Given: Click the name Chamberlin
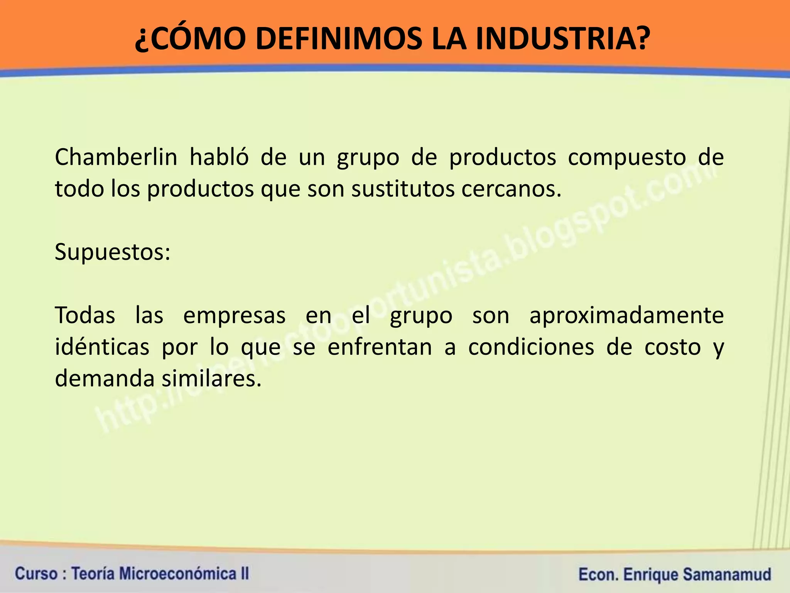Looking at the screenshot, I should click(x=116, y=157).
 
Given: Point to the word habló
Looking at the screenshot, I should click(x=219, y=157).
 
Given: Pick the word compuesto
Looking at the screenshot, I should click(x=627, y=157).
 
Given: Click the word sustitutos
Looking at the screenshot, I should click(x=403, y=189).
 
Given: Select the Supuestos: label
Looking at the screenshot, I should click(x=112, y=252).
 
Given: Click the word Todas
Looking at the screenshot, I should click(x=85, y=315).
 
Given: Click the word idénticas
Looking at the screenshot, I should click(x=102, y=347).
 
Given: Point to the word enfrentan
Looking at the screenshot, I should click(x=380, y=347).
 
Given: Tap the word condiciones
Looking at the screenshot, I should click(x=531, y=347).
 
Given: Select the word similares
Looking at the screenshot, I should click(x=211, y=378).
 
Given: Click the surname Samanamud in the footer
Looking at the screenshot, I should click(x=727, y=574).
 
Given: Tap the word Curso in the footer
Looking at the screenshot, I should click(x=35, y=574).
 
